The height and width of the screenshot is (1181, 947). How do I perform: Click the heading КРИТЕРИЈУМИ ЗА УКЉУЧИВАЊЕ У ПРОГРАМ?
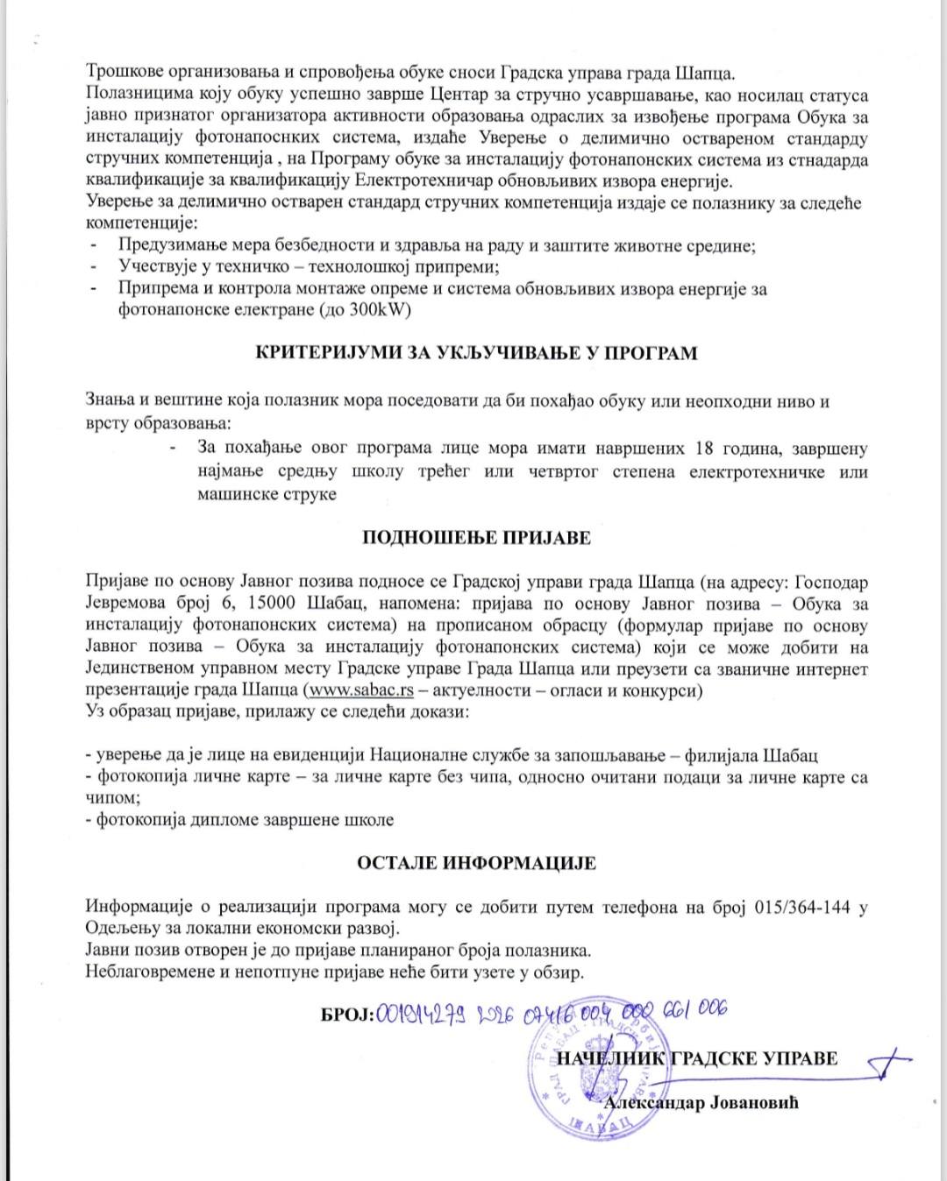point(476,354)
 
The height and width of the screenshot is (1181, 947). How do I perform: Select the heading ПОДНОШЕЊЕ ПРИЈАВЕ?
point(476,538)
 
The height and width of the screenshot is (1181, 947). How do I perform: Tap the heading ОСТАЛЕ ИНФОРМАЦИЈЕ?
point(476,863)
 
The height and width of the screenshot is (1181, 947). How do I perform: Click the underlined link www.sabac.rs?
point(361,690)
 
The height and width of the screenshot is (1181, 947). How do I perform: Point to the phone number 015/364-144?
point(802,907)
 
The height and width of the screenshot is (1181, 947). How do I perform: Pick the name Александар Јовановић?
point(701,1103)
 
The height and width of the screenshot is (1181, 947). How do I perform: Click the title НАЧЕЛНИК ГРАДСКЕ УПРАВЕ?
point(697,1059)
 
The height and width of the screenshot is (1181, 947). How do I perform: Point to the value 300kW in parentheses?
point(378,310)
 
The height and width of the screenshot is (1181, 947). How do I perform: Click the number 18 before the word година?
point(703,449)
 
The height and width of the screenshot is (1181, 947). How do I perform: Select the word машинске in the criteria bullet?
point(235,494)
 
